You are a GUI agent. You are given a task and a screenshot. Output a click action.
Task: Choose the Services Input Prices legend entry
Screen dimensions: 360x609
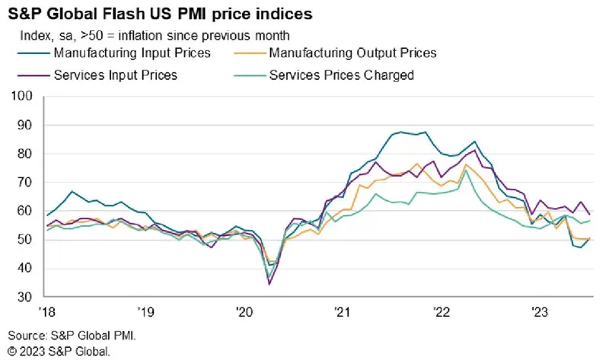[x=116, y=75]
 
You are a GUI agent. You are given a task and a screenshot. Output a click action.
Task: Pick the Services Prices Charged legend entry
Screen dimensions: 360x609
[x=340, y=75]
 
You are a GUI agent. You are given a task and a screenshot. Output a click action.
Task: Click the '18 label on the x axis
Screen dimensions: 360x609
[x=46, y=312]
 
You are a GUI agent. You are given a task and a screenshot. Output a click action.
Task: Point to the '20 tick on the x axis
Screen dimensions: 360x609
[x=244, y=312]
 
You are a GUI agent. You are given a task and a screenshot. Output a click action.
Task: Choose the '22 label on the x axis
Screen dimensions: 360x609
[x=442, y=312]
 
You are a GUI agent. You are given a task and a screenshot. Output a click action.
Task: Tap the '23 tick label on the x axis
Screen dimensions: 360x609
[x=540, y=312]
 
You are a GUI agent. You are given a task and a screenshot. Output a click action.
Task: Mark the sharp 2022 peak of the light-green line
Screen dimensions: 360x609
[x=467, y=170]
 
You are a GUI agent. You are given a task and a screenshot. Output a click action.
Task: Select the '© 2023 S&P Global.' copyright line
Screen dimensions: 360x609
[x=59, y=351]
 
